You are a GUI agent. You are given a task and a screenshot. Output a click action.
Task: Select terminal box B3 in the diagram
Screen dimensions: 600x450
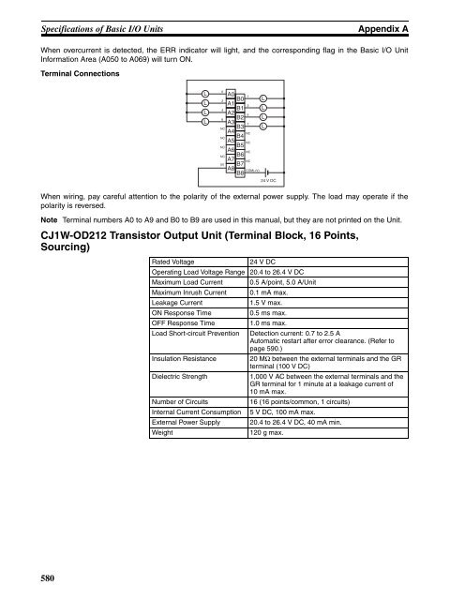point(241,127)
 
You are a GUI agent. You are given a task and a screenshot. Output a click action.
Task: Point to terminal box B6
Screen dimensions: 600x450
point(241,155)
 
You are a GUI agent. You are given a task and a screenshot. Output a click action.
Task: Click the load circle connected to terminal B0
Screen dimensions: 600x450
point(263,98)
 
